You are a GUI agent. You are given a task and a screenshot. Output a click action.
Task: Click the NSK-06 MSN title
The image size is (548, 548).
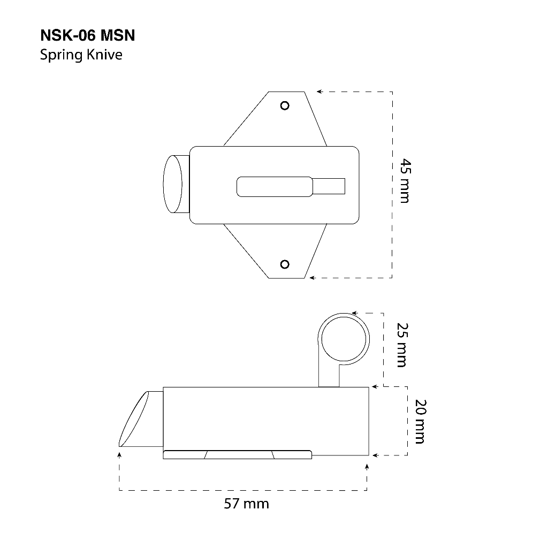point(87,35)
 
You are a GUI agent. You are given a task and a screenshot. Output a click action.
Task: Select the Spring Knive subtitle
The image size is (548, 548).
point(81,55)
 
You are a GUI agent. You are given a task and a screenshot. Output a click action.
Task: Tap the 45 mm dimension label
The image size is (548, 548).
point(406,180)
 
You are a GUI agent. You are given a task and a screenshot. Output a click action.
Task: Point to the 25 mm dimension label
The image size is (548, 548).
point(402,345)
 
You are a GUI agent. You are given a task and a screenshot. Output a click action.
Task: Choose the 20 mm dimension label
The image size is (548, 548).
point(420,421)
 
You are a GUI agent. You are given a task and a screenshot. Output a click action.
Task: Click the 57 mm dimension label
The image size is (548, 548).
point(246,504)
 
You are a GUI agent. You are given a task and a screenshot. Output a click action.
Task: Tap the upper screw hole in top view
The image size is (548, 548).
point(285,105)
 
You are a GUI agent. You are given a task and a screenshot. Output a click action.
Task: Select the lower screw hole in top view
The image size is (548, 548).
point(285,264)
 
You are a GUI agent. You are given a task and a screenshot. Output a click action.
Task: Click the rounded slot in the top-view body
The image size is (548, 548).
point(275,187)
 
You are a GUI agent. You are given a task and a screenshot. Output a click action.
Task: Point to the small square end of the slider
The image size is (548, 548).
point(329,186)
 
